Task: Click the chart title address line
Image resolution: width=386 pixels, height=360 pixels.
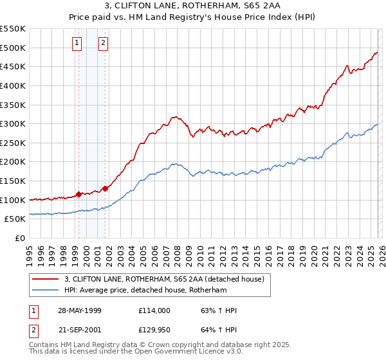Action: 193,6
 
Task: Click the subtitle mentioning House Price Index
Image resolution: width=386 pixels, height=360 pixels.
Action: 193,18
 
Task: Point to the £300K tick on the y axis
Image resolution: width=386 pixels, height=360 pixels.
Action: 13,123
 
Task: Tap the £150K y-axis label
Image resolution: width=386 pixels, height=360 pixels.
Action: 13,181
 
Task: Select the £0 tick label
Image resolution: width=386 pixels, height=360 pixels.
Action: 20,238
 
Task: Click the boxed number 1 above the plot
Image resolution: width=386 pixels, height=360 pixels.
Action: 77,44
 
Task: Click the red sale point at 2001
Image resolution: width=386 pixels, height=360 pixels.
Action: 105,188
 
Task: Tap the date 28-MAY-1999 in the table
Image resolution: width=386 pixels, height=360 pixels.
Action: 80,310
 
